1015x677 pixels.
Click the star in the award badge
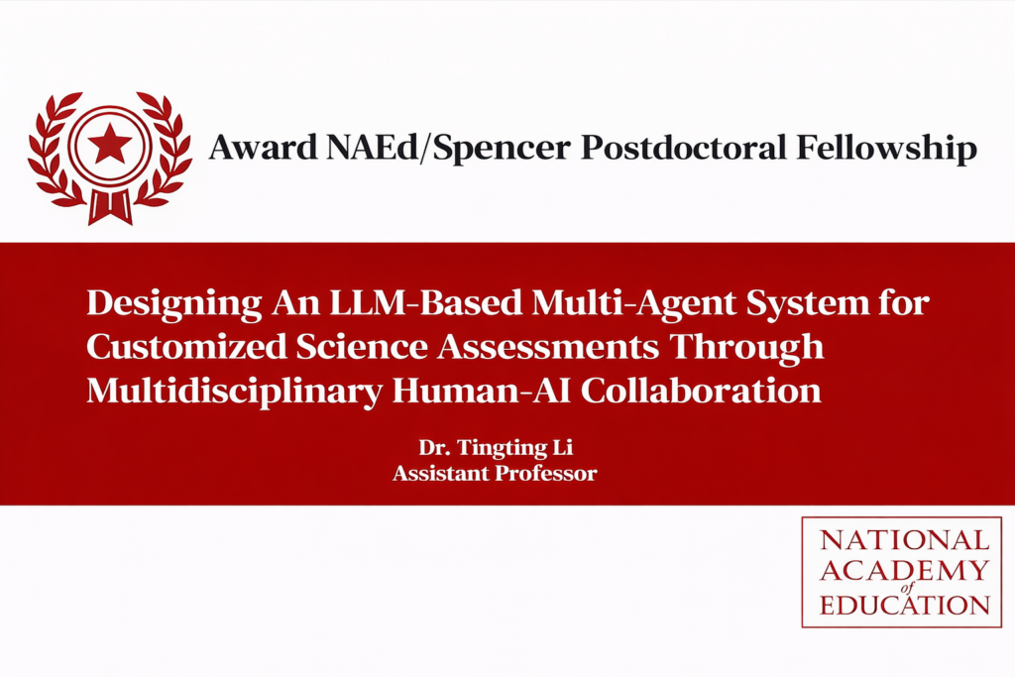coord(109,143)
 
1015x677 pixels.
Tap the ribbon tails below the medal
coord(110,206)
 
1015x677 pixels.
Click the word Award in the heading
coord(263,147)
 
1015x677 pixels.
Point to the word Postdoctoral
coord(683,147)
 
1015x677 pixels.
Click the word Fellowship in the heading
coord(886,149)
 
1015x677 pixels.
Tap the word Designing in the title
coord(174,303)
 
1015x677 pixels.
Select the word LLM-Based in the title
coord(425,302)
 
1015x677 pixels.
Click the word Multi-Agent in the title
coord(633,303)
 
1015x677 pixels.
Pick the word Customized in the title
coord(186,346)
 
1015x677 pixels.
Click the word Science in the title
coord(362,346)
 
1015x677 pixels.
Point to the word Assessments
coord(547,346)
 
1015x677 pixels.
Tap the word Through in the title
coord(745,348)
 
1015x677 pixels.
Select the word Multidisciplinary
coord(234,392)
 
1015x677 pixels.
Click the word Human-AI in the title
coord(482,391)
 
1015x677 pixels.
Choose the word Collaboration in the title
coord(701,391)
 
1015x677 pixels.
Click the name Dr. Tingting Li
coord(496,448)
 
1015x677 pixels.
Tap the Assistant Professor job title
coord(495,473)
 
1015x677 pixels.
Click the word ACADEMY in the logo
coord(905,570)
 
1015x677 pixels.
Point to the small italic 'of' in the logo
coord(906,588)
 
